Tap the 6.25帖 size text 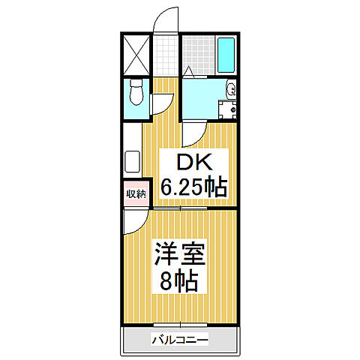190,187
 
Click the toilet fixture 136,94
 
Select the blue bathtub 226,53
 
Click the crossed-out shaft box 136,53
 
